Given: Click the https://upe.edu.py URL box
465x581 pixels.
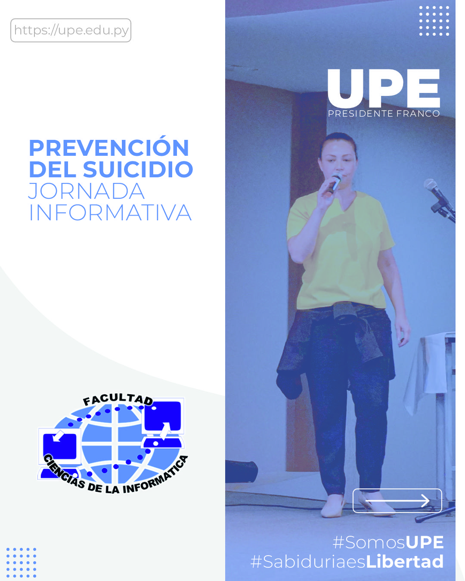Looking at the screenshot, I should pyautogui.click(x=71, y=30).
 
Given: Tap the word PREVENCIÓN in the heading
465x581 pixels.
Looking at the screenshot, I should pyautogui.click(x=109, y=148).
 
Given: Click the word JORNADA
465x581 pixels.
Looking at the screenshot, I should pyautogui.click(x=86, y=192).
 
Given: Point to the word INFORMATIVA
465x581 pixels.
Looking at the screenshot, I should pyautogui.click(x=110, y=213).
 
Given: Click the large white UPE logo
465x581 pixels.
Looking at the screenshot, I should pyautogui.click(x=384, y=88).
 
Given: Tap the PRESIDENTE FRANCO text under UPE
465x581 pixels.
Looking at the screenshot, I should pyautogui.click(x=384, y=114).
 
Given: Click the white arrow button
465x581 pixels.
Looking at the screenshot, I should pyautogui.click(x=397, y=501).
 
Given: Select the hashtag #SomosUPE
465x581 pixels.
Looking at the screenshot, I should pyautogui.click(x=388, y=542).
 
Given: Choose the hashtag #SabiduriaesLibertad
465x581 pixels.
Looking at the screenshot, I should pyautogui.click(x=347, y=562).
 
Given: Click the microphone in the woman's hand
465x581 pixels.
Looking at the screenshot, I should pyautogui.click(x=335, y=182).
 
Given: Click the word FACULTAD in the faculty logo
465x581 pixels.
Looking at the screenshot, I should pyautogui.click(x=118, y=399).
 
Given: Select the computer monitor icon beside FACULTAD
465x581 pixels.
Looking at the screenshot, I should pyautogui.click(x=163, y=417).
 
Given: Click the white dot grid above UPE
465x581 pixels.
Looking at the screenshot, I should pyautogui.click(x=434, y=21).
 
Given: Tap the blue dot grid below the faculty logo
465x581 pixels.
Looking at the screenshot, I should pyautogui.click(x=21, y=562).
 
